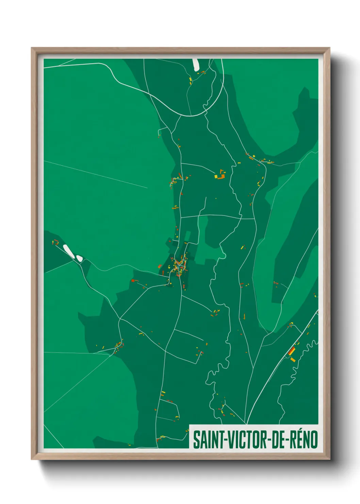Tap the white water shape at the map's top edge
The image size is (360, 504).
(196, 65)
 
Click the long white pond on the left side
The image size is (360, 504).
(68, 251)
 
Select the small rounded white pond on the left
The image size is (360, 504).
(79, 258)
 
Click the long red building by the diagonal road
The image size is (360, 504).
(292, 351)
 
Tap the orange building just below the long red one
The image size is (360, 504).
(293, 359)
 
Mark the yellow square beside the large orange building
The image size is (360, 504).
(216, 176)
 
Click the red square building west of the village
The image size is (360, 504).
(133, 281)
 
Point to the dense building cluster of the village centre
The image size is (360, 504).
(179, 265)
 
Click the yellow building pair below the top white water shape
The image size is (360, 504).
(191, 80)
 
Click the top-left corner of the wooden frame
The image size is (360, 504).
(32, 48)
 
